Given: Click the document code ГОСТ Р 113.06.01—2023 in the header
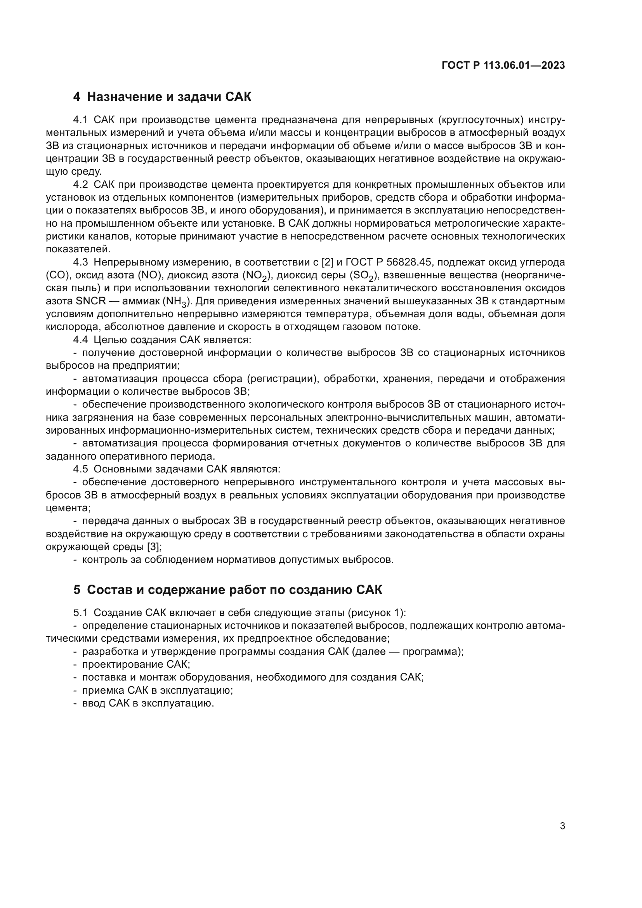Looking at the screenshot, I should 503,66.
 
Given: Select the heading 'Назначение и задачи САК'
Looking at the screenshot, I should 169,97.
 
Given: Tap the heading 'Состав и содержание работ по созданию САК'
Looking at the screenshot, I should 234,590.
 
